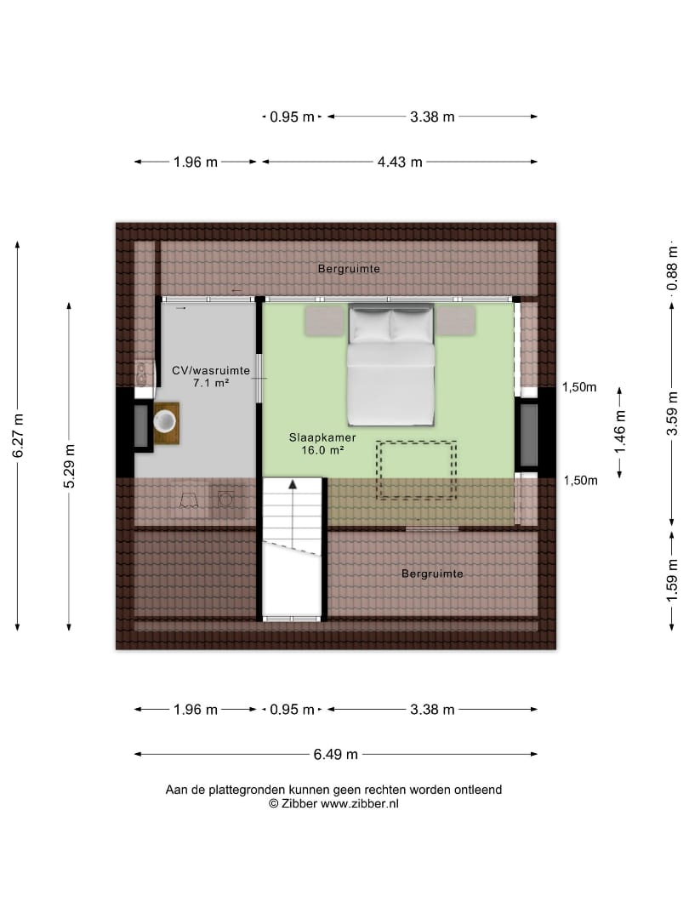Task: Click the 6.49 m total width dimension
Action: point(336,754)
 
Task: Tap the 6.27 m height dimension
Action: point(18,436)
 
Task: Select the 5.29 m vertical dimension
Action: point(69,466)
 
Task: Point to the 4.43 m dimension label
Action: point(400,162)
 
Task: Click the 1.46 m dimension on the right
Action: point(620,432)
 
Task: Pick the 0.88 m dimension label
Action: point(672,268)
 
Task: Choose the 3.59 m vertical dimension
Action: point(672,414)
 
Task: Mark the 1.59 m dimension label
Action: point(672,581)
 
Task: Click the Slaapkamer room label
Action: point(322,437)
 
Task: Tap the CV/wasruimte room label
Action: point(211,370)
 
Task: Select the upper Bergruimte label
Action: point(349,269)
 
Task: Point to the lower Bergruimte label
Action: point(432,574)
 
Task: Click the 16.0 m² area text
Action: point(322,450)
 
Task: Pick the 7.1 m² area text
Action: point(211,383)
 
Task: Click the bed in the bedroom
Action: point(390,364)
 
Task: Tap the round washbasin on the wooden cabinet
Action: point(165,420)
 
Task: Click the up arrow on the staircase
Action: point(293,483)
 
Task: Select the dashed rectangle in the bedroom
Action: point(416,470)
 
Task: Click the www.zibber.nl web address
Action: point(359,804)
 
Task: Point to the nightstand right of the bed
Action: point(456,321)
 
